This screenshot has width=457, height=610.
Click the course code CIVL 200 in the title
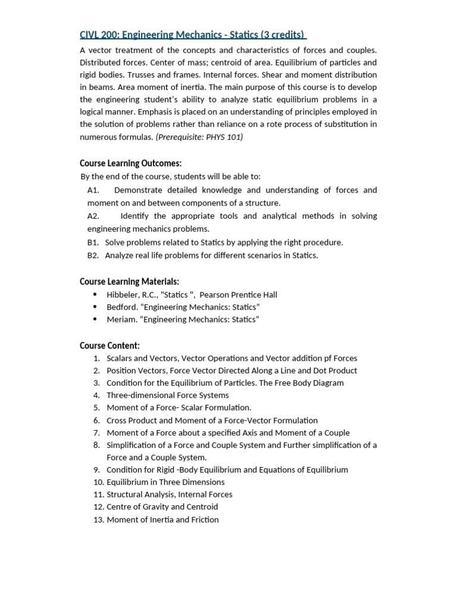coord(98,35)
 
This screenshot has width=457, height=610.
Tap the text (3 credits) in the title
coord(282,35)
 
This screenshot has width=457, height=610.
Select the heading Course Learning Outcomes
coord(130,163)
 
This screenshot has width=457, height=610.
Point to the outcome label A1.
coord(92,190)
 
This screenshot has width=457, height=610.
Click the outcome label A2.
coord(93,216)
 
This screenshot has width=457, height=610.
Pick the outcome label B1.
coord(92,242)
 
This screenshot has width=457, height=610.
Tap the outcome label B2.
coord(92,255)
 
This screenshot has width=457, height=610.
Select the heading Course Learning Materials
coord(129,281)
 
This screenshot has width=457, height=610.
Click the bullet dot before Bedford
coord(96,307)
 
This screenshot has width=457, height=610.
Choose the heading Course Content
coord(109,346)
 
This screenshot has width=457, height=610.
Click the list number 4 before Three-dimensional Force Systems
coord(96,395)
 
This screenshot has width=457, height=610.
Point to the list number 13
coord(98,519)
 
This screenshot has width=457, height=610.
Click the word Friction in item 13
coord(204,519)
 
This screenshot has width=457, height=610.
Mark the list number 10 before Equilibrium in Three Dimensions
coord(98,482)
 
